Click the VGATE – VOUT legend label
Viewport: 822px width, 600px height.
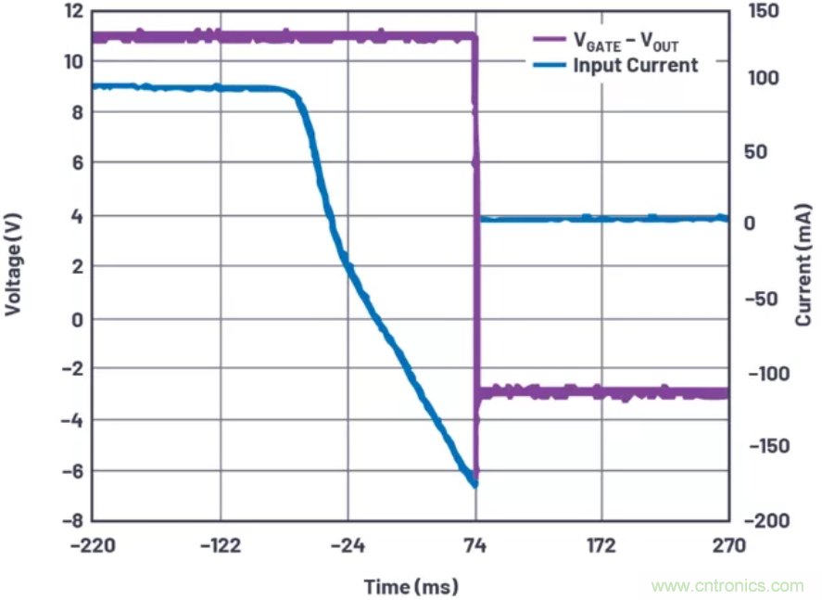[626, 41]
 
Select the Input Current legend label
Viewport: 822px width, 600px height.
[635, 65]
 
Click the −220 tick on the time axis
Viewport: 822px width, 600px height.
[91, 545]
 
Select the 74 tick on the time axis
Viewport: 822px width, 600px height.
[475, 545]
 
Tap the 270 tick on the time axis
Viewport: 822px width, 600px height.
[729, 545]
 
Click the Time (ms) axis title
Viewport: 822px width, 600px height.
[411, 587]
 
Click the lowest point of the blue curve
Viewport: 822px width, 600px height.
[474, 483]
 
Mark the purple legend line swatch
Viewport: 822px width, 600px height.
[550, 41]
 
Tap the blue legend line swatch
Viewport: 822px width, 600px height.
[550, 65]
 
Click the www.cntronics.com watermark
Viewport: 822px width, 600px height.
[727, 586]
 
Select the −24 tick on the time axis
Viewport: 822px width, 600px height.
[348, 545]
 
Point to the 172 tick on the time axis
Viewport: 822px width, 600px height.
[601, 545]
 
